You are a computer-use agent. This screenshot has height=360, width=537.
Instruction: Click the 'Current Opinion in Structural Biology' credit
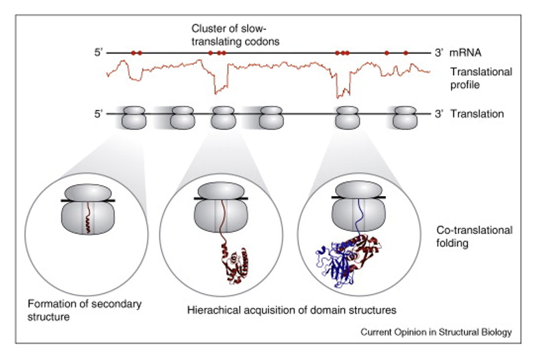click(x=436, y=332)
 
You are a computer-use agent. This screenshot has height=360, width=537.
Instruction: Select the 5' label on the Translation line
click(x=99, y=114)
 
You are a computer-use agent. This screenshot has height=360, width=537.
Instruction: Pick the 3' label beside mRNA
click(x=439, y=51)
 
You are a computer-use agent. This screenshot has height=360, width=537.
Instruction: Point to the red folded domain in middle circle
click(x=235, y=263)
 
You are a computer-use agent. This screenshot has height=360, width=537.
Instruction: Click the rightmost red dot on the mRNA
click(x=405, y=52)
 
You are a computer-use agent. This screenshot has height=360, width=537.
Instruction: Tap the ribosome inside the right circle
click(x=358, y=207)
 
